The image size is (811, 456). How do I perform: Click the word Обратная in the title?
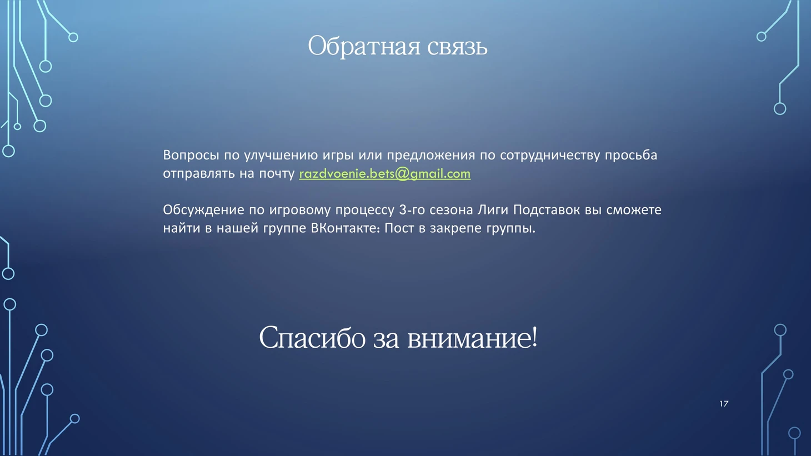point(364,46)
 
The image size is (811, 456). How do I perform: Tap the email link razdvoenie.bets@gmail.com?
point(385,174)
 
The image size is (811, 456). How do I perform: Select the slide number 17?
point(724,404)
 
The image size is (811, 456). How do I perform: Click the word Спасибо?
point(312,337)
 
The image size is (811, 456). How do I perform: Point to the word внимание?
point(473,337)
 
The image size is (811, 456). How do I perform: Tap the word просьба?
point(631,156)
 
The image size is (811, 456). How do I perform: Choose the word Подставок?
point(547,211)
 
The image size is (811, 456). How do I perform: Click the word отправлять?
point(198,174)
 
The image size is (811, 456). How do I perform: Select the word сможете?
point(634,211)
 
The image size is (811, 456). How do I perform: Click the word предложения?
point(431,156)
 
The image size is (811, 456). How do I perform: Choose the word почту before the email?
point(277,174)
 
